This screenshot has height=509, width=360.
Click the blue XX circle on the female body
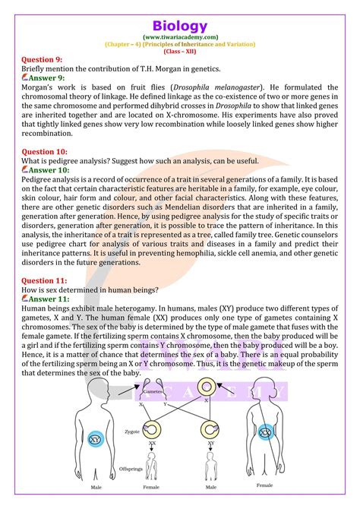tap(264, 432)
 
